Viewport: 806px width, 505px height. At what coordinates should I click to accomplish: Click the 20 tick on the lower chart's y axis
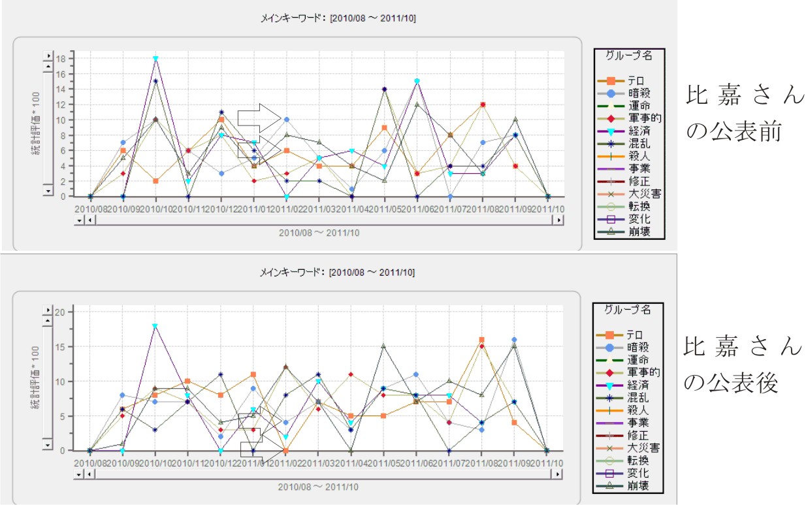[x=61, y=312]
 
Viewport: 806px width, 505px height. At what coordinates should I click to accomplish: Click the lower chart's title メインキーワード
[x=337, y=272]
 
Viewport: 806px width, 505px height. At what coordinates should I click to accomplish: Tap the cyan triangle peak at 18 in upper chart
[x=155, y=58]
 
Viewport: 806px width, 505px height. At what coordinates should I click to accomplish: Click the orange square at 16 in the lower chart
[x=481, y=340]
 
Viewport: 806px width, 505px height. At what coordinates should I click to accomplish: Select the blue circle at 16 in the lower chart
[x=514, y=340]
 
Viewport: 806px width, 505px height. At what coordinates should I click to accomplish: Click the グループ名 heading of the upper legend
[x=628, y=56]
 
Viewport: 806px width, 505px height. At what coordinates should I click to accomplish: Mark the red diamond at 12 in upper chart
[x=483, y=105]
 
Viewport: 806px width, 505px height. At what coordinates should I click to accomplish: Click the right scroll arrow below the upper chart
[x=558, y=220]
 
